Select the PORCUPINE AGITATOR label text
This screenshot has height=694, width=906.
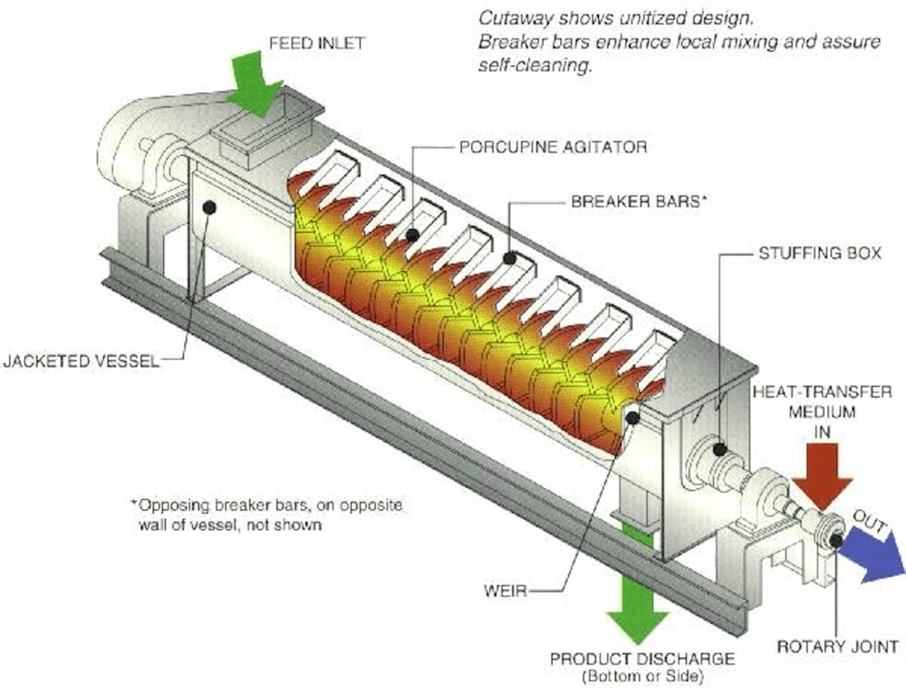tap(553, 146)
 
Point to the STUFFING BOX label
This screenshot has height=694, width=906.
tap(819, 254)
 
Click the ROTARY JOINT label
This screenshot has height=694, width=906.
tap(837, 646)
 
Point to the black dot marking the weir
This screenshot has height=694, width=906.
tap(632, 417)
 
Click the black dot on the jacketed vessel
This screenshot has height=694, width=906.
tap(209, 207)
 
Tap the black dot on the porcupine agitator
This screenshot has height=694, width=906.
tap(413, 235)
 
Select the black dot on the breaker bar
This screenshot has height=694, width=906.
tap(509, 258)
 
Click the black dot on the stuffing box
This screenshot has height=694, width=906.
tap(719, 448)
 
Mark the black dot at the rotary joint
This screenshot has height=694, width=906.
tap(835, 541)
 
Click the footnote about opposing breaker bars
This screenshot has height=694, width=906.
tap(272, 514)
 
